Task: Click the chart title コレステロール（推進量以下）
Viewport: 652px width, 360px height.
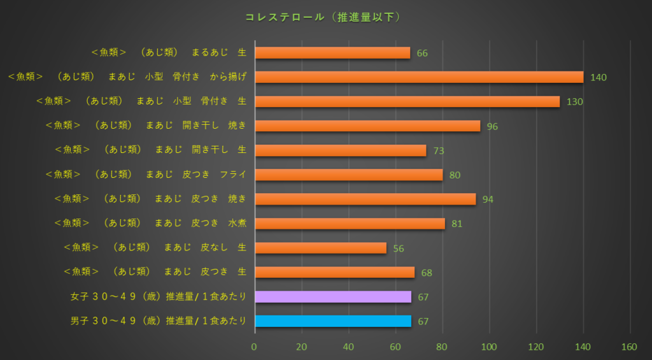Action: coord(323,17)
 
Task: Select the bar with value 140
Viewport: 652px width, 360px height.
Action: coord(419,77)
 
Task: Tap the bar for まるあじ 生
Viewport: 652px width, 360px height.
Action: coord(332,53)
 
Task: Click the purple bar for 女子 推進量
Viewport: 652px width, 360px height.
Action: coord(333,296)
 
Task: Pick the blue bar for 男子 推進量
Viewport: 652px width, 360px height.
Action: coord(333,320)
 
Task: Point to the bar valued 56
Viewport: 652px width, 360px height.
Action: coord(320,248)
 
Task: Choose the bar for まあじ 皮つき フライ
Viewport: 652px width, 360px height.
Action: coord(348,175)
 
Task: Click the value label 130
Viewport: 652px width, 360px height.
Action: coord(575,102)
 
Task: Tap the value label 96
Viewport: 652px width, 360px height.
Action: coord(492,126)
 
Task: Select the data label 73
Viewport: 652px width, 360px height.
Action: coord(438,151)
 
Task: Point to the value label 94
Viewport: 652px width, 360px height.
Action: coord(488,199)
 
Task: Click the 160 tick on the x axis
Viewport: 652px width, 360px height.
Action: coord(629,347)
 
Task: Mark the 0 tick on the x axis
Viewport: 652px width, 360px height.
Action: coord(255,347)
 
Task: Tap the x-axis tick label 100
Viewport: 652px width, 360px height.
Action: coord(489,347)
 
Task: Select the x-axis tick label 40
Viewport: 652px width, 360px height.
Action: coord(348,347)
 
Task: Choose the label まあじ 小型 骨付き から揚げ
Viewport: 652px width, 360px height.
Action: coord(127,76)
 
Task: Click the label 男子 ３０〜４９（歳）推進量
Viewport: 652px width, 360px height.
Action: coord(158,320)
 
